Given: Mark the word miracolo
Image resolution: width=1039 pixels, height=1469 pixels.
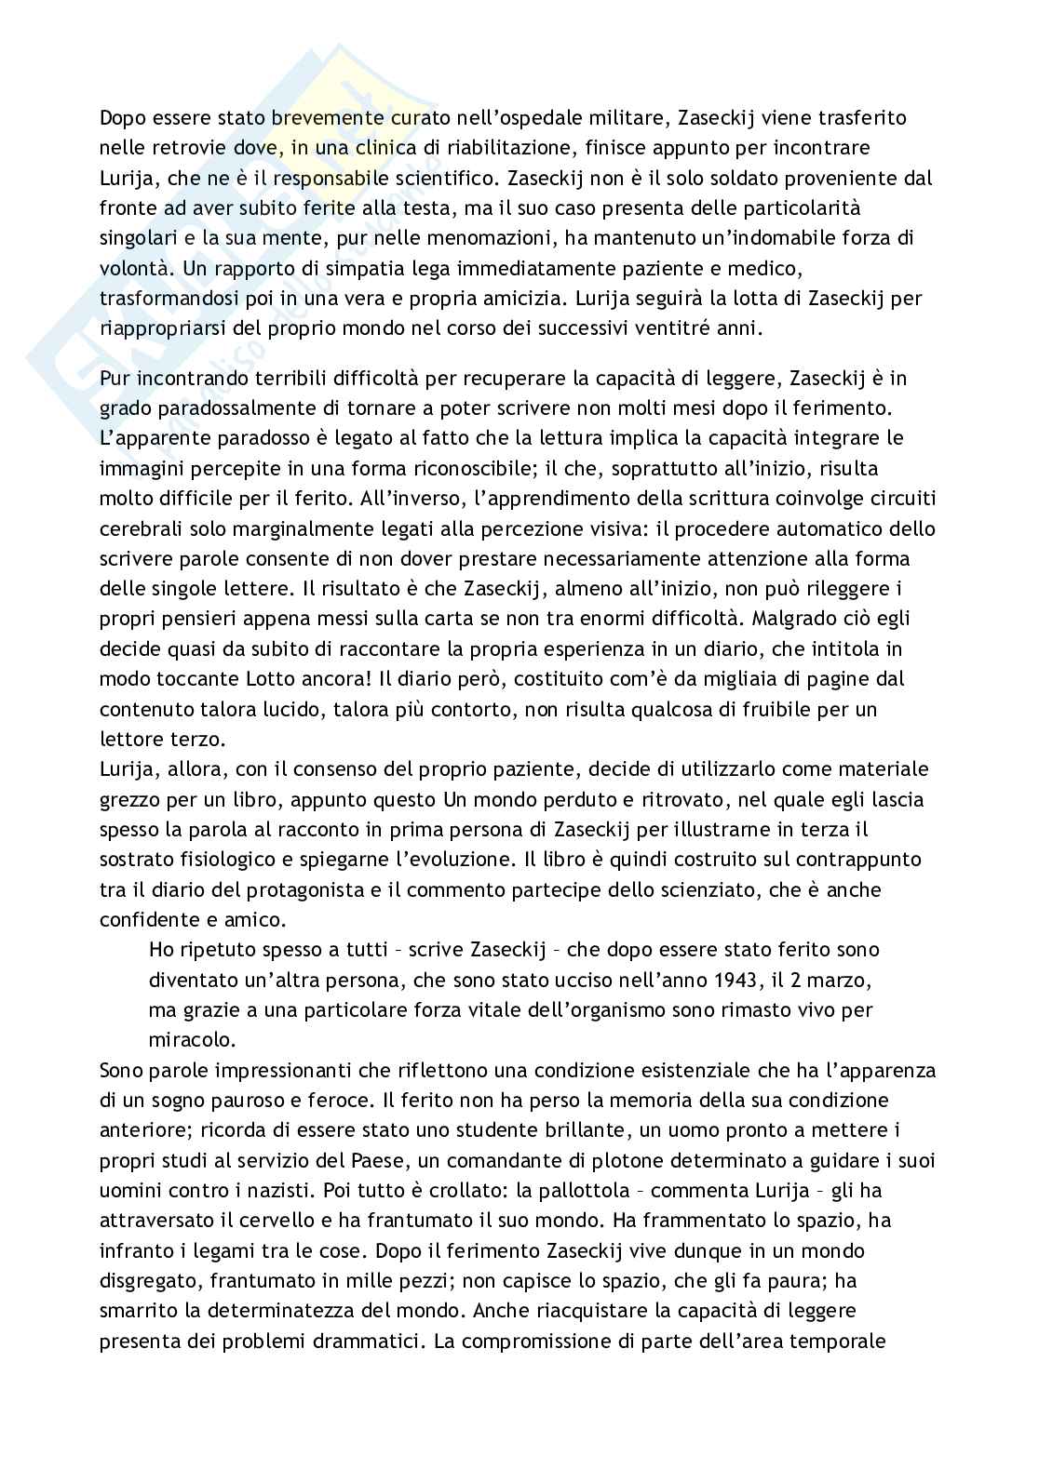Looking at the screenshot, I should click(x=185, y=1039).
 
